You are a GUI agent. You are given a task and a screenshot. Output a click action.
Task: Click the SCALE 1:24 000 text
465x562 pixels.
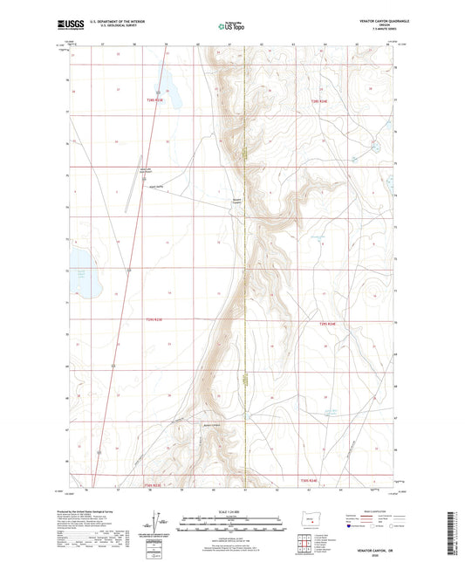(231, 511)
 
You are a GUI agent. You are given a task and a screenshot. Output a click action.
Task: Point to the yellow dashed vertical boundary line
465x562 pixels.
(245, 262)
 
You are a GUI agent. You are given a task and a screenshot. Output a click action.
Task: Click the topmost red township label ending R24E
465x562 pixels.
(322, 103)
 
